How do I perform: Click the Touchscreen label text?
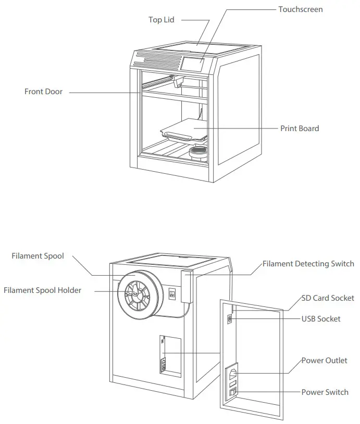[300, 9]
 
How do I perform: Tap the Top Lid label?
[161, 20]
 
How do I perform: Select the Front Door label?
[43, 92]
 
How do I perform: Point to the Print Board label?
[300, 129]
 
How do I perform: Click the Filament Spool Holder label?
[42, 290]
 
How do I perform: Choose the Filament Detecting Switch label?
[308, 264]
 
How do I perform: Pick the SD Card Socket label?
[328, 299]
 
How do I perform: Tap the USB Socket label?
[321, 318]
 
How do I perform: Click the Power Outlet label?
[324, 361]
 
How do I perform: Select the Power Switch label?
[325, 392]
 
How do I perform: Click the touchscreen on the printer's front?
[193, 64]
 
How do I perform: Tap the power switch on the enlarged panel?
[233, 392]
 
